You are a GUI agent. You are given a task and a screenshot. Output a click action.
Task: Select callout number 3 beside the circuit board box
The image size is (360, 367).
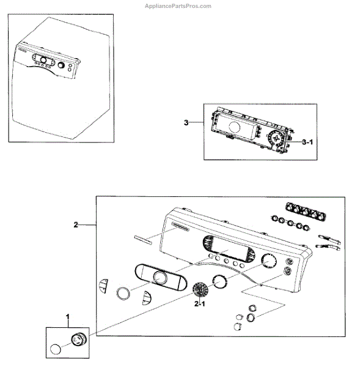tap(186, 122)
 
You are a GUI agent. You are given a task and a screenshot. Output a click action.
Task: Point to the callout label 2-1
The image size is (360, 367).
tap(200, 303)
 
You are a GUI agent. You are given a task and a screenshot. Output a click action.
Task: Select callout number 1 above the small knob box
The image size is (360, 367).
tap(68, 317)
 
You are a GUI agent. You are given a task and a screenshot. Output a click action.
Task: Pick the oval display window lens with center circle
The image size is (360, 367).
tap(160, 278)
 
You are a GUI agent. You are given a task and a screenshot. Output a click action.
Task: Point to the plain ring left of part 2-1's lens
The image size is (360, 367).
tap(123, 293)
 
